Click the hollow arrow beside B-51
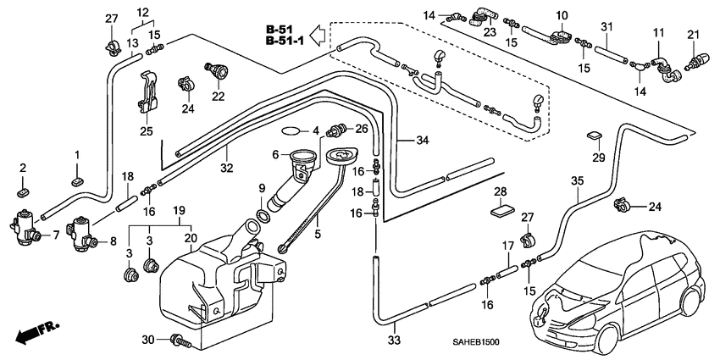point(317,35)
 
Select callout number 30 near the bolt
point(149,341)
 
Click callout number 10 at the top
point(561,16)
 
